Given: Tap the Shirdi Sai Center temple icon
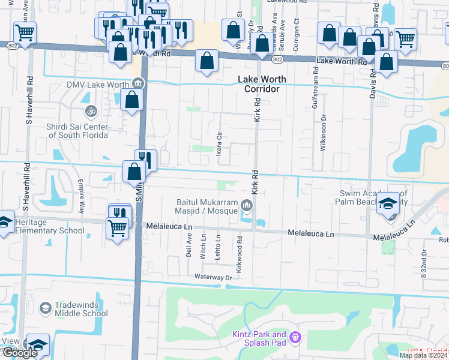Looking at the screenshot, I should click(x=91, y=111).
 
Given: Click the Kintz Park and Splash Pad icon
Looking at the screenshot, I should click(x=294, y=338).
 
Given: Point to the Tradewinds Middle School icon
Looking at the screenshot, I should click(x=44, y=308).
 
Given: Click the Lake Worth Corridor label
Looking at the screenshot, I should click(x=262, y=84).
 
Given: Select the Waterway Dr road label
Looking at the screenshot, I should click(x=212, y=277).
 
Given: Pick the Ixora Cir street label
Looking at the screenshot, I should click(x=220, y=145).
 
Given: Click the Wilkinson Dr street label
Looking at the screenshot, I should click(x=323, y=133).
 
